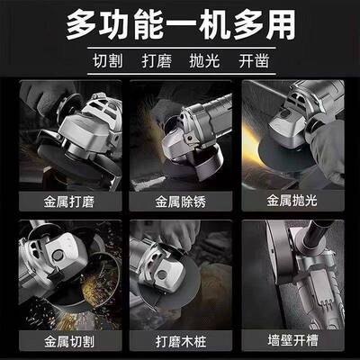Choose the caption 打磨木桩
tap(180, 343)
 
